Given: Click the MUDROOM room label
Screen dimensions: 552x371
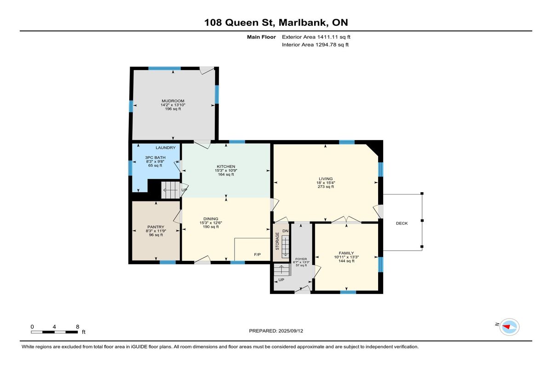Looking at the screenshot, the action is [x=173, y=101].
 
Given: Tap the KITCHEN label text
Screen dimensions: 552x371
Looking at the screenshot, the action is [x=226, y=167].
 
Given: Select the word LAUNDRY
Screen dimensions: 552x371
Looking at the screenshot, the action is [x=166, y=147].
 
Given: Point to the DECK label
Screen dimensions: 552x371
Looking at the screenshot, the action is [x=402, y=224].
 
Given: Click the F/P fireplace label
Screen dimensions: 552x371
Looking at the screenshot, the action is [x=257, y=254].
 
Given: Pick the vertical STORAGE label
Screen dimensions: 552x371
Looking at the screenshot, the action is [x=277, y=241].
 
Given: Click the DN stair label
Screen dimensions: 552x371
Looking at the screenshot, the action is [x=285, y=231].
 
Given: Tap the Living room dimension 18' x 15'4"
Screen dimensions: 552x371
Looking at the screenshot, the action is [x=326, y=183].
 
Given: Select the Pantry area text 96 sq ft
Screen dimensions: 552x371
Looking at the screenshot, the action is [x=156, y=235].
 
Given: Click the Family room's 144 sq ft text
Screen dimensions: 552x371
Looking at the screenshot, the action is [x=346, y=261].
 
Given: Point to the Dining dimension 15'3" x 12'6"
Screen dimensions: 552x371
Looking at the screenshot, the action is [x=211, y=223].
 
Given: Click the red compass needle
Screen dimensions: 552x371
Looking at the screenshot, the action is [x=506, y=327].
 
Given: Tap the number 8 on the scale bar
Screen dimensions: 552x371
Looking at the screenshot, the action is [x=78, y=327].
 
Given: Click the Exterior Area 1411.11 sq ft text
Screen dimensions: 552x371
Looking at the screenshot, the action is [x=316, y=37].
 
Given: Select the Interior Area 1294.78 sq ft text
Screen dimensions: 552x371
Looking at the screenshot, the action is [x=315, y=45].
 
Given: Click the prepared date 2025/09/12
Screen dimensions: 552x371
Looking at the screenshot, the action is [x=291, y=331].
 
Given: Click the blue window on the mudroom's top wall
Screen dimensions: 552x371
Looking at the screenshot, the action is [x=164, y=68].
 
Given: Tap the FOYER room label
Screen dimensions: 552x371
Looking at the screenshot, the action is [x=301, y=259].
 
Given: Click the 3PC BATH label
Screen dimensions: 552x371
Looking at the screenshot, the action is [x=155, y=158].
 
